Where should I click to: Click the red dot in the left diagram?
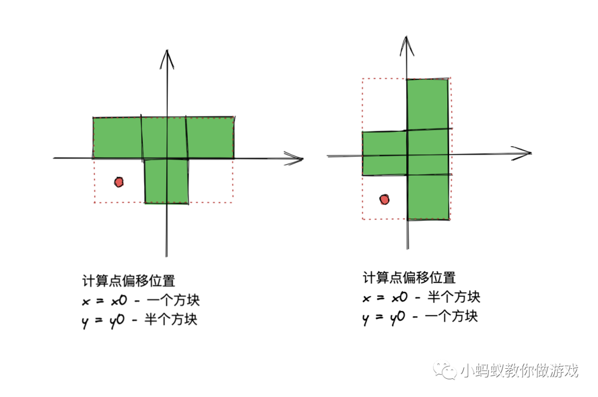[118, 182]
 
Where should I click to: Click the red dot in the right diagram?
[384, 199]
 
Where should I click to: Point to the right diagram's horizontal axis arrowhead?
[523, 153]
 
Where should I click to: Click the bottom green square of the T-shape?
[166, 181]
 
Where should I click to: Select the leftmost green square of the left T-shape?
[117, 138]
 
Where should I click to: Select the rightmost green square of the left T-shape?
[210, 138]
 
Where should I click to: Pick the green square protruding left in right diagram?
[384, 153]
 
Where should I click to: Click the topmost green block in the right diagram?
[427, 105]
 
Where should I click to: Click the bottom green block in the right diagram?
[427, 197]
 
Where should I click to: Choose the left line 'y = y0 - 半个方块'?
[139, 320]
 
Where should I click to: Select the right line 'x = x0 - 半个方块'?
[421, 297]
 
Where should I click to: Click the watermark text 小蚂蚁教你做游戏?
[518, 370]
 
